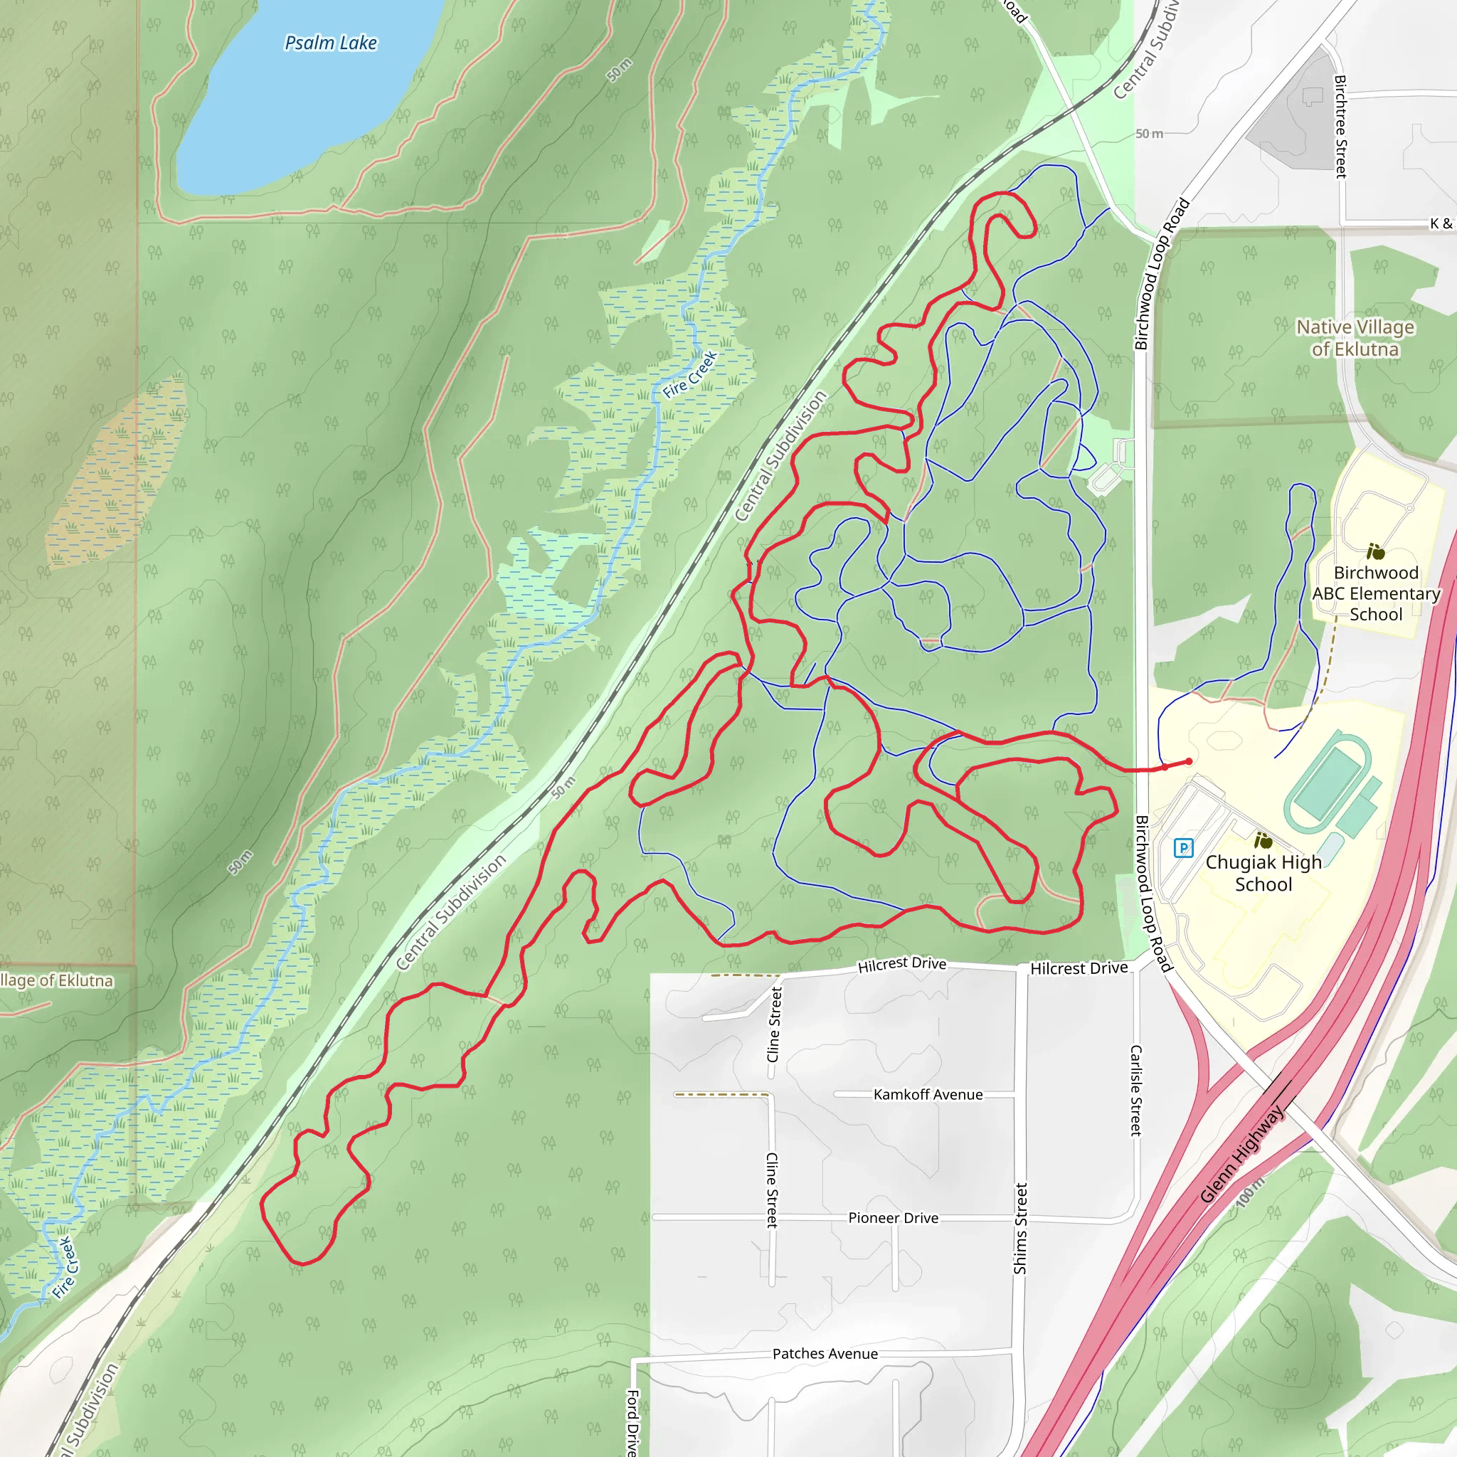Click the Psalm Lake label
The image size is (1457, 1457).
pyautogui.click(x=330, y=43)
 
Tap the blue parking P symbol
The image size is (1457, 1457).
pyautogui.click(x=1183, y=847)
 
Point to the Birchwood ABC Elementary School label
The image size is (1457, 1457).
pyautogui.click(x=1376, y=593)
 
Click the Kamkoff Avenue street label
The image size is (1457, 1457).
pyautogui.click(x=928, y=1094)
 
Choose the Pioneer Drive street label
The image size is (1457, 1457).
pyautogui.click(x=893, y=1218)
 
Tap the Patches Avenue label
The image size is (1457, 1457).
pyautogui.click(x=825, y=1354)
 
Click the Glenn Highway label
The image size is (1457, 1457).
pyautogui.click(x=1241, y=1154)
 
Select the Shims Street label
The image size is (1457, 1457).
pyautogui.click(x=1020, y=1229)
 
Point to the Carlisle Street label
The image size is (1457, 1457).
pyautogui.click(x=1135, y=1090)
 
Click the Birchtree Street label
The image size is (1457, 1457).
pyautogui.click(x=1340, y=126)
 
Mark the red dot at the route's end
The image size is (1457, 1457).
pyautogui.click(x=1189, y=762)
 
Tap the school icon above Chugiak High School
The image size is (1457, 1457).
pyautogui.click(x=1263, y=840)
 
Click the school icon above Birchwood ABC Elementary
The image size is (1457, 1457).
pyautogui.click(x=1376, y=551)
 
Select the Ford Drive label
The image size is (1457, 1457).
pyautogui.click(x=632, y=1421)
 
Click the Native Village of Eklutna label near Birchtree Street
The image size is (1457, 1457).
pyautogui.click(x=1355, y=338)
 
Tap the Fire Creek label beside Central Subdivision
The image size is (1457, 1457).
pyautogui.click(x=690, y=375)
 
